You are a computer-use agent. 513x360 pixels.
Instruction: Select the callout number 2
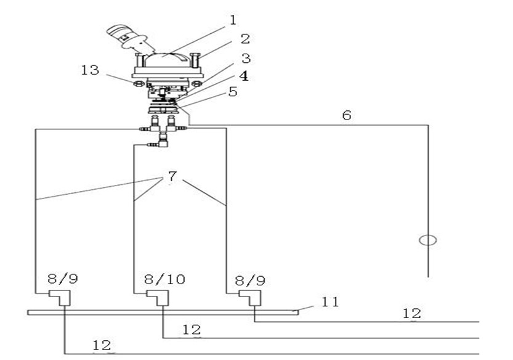[244, 39]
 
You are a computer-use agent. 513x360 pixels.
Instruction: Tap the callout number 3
[245, 59]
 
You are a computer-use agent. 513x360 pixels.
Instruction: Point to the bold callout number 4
[245, 76]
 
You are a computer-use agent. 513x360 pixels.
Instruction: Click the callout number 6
[347, 115]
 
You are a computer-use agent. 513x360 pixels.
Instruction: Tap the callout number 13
[90, 70]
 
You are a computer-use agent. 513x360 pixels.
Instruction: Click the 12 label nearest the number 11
[411, 314]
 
